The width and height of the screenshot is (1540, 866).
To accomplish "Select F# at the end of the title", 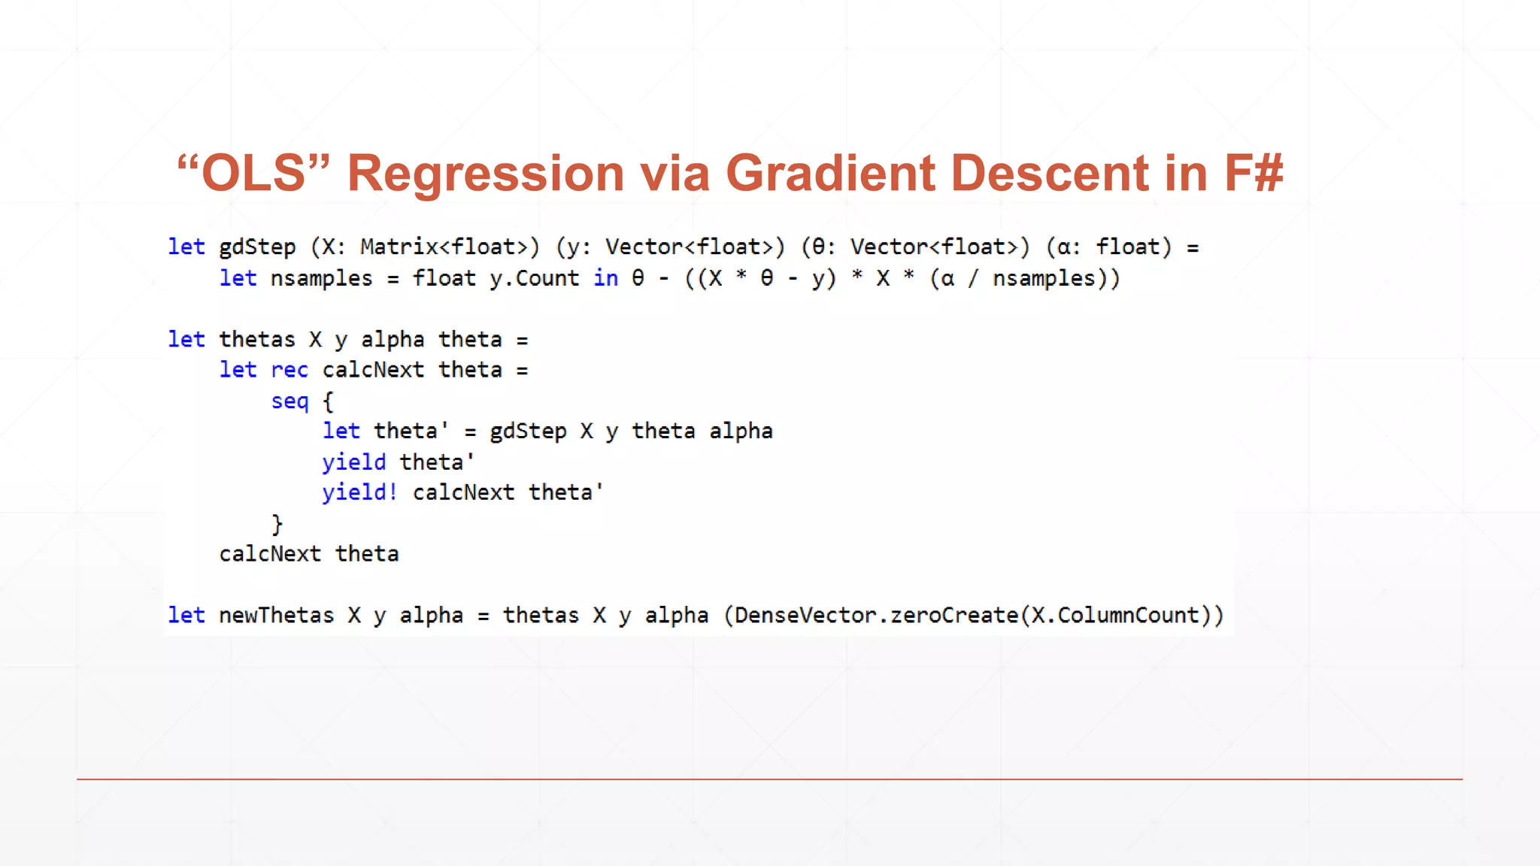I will (x=1254, y=174).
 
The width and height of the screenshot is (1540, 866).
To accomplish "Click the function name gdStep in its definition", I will (x=257, y=247).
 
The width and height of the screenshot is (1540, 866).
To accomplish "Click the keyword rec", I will (x=290, y=370).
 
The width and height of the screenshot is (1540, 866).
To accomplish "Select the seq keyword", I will (x=290, y=401).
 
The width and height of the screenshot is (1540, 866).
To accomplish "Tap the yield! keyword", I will (x=359, y=492).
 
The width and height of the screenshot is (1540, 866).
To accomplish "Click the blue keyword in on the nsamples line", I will (x=606, y=278).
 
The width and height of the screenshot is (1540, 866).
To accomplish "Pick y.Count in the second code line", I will (x=535, y=278).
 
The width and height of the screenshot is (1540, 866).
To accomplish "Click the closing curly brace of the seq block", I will (x=277, y=524).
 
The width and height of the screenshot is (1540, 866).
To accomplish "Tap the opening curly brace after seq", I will (x=328, y=401).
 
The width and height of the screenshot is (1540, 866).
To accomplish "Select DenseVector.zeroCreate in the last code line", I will (x=876, y=616).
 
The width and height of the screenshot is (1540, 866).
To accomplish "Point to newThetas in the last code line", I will (x=276, y=616).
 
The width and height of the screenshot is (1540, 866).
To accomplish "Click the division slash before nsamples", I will (x=974, y=279).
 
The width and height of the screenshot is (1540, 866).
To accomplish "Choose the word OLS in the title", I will (x=254, y=174).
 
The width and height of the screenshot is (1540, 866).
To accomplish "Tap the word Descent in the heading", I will (x=1050, y=174).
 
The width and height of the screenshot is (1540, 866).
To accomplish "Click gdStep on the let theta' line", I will (x=528, y=431).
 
